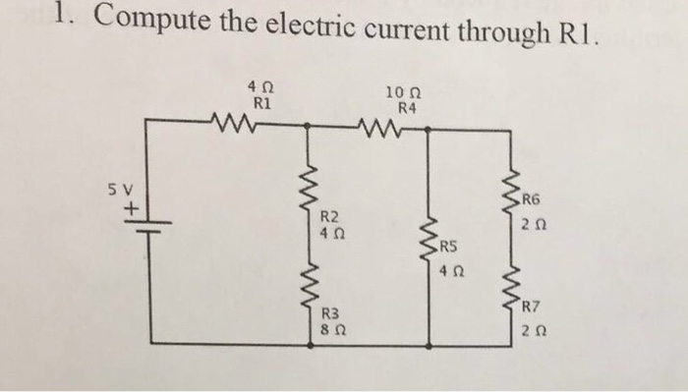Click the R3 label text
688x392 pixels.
330,312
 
